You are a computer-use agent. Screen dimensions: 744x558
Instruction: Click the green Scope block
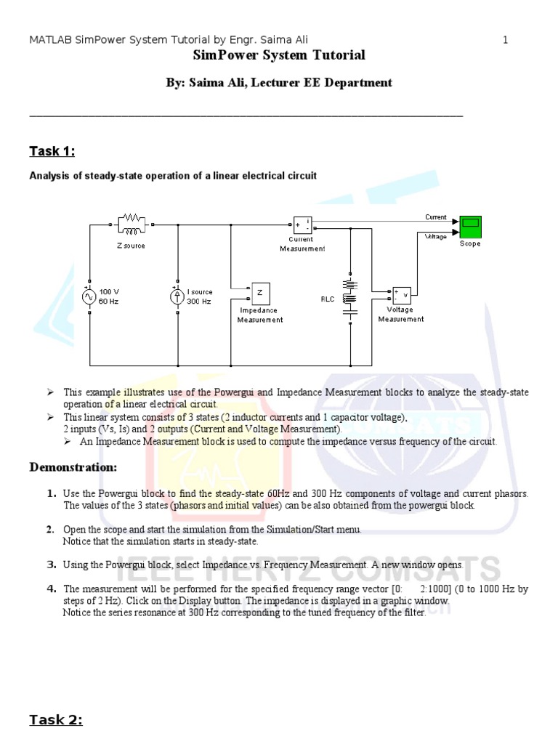[470, 227]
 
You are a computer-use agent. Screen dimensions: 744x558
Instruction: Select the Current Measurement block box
[302, 225]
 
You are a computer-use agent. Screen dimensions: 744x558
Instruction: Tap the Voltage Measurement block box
[402, 294]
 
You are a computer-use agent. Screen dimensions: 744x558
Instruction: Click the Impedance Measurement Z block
[261, 293]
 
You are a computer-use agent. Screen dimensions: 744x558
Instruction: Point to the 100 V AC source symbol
[89, 296]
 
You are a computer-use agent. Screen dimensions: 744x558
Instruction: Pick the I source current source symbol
[177, 296]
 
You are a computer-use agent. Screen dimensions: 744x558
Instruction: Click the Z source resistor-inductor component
[132, 225]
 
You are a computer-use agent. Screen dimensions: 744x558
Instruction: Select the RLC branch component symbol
[350, 298]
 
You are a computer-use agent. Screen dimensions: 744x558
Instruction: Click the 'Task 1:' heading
[52, 151]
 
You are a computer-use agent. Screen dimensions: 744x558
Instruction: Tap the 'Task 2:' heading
[55, 720]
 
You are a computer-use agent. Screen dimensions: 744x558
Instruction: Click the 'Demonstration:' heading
[73, 467]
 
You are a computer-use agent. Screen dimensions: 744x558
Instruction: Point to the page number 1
[505, 40]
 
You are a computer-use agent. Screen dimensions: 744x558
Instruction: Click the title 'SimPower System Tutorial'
[279, 56]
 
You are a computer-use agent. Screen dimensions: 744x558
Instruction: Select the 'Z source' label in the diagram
[131, 246]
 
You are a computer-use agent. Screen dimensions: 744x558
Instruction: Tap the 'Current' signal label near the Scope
[436, 217]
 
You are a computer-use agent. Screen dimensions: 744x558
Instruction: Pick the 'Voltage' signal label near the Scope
[436, 236]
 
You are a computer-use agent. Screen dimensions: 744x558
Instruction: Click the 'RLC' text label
[328, 299]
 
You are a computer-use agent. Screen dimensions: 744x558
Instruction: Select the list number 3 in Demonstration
[52, 565]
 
